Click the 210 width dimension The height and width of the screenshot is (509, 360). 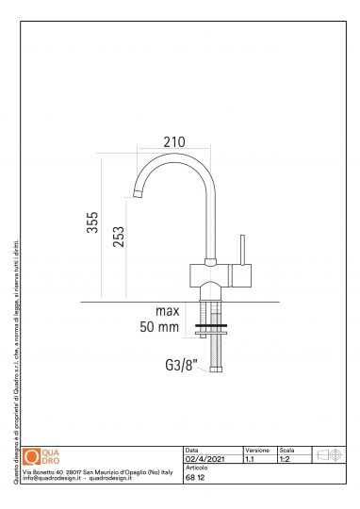(x=172, y=141)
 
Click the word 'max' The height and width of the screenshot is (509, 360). (x=168, y=310)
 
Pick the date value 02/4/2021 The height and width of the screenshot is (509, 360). (x=204, y=459)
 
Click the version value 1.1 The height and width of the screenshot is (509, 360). (x=249, y=459)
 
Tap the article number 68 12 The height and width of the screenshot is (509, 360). (x=195, y=478)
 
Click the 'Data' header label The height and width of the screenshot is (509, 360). (x=192, y=451)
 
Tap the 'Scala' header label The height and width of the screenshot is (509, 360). (x=287, y=451)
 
